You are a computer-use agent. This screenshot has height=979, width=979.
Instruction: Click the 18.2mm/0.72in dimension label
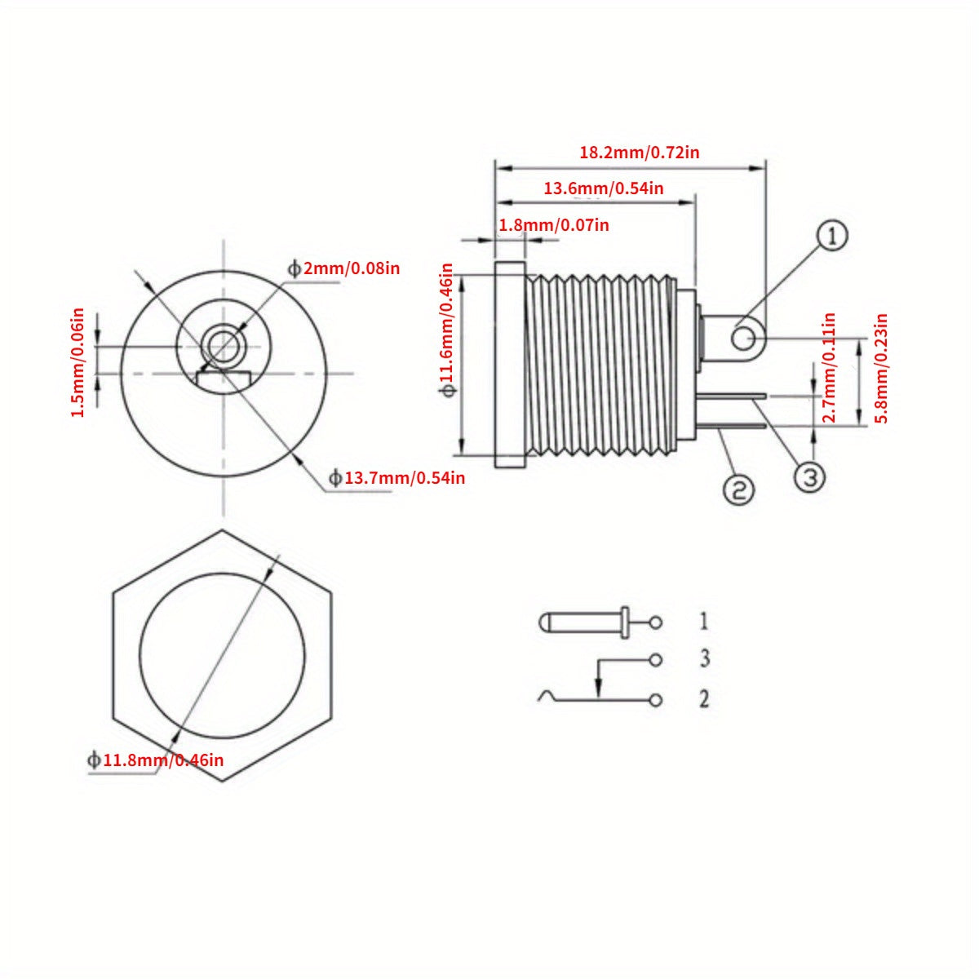pyautogui.click(x=639, y=152)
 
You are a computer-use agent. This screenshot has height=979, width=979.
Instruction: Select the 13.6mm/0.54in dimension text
pyautogui.click(x=603, y=188)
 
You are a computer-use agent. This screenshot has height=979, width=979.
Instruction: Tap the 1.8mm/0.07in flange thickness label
pyautogui.click(x=553, y=224)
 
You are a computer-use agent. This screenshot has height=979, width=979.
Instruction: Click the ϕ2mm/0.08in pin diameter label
pyautogui.click(x=343, y=268)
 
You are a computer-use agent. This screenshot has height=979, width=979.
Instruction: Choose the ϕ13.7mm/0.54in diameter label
pyautogui.click(x=396, y=477)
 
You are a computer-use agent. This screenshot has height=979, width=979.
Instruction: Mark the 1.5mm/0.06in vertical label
pyautogui.click(x=78, y=361)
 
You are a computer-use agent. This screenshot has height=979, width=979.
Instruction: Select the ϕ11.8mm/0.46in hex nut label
pyautogui.click(x=155, y=760)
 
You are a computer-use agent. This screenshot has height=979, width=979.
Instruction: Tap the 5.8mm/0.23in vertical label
pyautogui.click(x=881, y=368)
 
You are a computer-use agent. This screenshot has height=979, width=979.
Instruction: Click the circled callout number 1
pyautogui.click(x=832, y=237)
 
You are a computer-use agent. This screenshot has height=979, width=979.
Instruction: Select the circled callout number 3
pyautogui.click(x=809, y=477)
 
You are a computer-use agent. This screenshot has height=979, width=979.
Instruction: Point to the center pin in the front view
pyautogui.click(x=222, y=345)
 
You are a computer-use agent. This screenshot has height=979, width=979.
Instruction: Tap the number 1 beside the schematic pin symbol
pyautogui.click(x=703, y=622)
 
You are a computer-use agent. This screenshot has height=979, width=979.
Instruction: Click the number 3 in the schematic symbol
pyautogui.click(x=704, y=658)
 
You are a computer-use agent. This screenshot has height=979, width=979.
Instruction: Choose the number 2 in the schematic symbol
pyautogui.click(x=704, y=698)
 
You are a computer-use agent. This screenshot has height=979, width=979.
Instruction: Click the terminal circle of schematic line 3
pyautogui.click(x=655, y=658)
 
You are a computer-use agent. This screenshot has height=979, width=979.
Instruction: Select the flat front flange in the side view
pyautogui.click(x=510, y=364)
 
